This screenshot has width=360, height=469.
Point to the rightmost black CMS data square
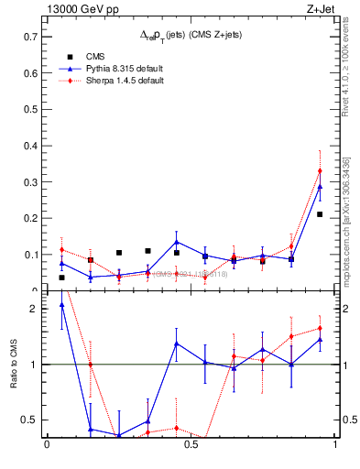click(320, 214)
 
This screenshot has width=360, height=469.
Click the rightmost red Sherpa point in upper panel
click(320, 170)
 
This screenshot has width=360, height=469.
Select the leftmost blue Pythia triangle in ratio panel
click(61, 305)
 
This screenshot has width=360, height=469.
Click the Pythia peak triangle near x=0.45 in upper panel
click(176, 243)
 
